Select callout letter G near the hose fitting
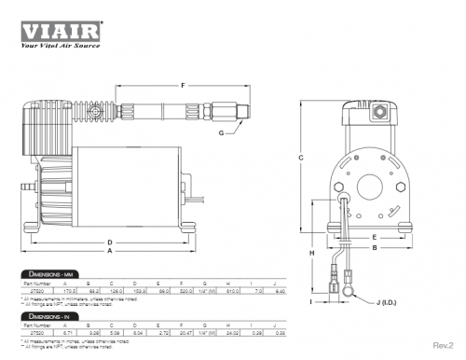[x=220, y=133]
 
